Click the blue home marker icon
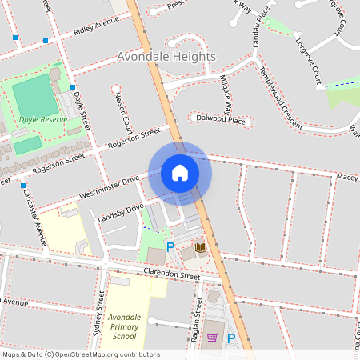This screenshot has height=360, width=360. tap(180, 172)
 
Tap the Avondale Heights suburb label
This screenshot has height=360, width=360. tap(166, 57)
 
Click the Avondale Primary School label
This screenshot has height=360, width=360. tap(124, 326)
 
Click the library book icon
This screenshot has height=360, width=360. tap(200, 248)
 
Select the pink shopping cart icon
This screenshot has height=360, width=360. tap(212, 338)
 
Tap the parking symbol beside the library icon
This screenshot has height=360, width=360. tap(170, 247)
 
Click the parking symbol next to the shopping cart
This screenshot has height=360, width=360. tap(231, 338)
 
